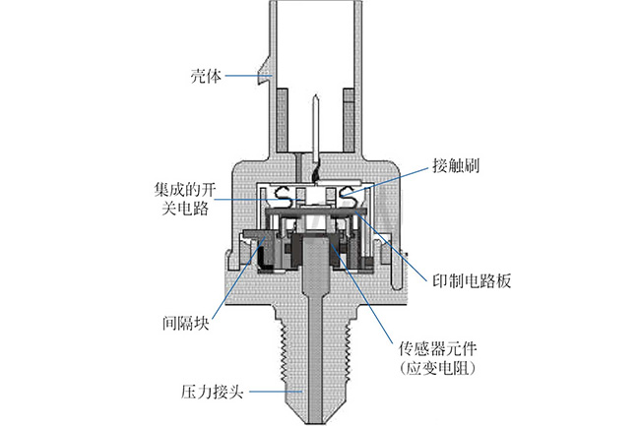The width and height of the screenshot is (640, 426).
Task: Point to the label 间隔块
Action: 186,322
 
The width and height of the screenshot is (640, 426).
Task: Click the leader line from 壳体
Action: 246,76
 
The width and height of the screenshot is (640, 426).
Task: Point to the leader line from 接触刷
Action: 394,176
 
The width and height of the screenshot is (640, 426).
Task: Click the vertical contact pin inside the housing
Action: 311,133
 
